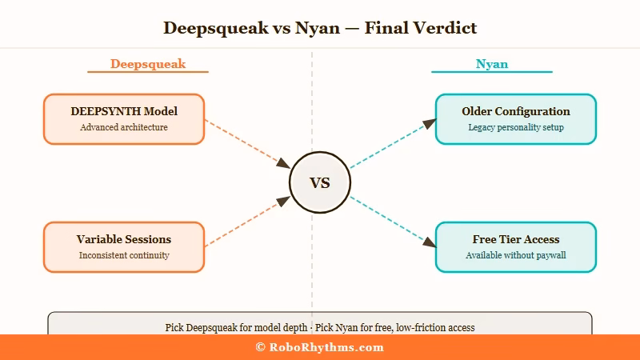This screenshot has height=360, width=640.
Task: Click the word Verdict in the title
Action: [x=444, y=28]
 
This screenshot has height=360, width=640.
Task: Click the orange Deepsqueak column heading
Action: [x=148, y=64]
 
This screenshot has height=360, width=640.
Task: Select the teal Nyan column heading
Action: [x=491, y=64]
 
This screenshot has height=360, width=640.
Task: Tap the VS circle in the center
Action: [x=320, y=182]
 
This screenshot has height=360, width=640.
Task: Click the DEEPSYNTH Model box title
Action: [x=124, y=111]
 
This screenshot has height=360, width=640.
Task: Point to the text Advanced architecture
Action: [x=124, y=127]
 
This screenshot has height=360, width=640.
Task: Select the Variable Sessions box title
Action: [x=124, y=239]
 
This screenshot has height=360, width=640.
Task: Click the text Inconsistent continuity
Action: [x=124, y=255]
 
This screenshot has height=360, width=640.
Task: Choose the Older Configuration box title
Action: [x=516, y=111]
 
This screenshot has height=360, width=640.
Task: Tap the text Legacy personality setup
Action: [x=516, y=127]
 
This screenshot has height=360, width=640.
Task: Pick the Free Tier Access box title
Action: [x=516, y=239]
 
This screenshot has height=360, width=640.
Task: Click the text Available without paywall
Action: [x=516, y=255]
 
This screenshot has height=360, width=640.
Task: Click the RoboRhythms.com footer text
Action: [x=326, y=347]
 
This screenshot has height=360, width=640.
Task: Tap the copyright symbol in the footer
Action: [x=260, y=347]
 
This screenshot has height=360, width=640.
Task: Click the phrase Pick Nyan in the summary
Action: [x=334, y=327]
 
